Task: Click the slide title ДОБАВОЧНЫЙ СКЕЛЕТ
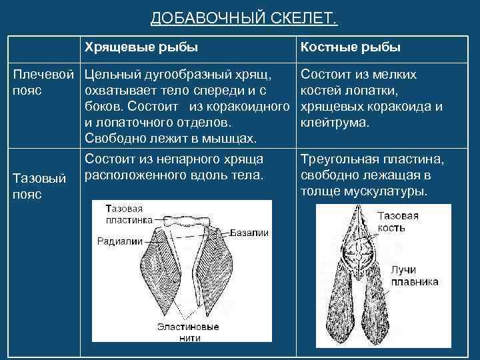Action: coord(244,17)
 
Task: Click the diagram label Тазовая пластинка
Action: coord(127,215)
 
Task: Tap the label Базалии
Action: coord(250,233)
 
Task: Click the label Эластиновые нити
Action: coord(188,333)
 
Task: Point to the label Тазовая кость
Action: coord(398,222)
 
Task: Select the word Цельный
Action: coord(111,75)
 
